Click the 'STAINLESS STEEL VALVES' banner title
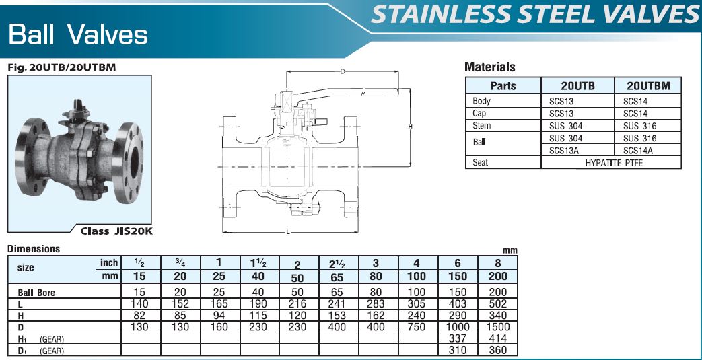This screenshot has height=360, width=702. click(535, 14)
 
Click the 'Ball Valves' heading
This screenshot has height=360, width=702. click(78, 34)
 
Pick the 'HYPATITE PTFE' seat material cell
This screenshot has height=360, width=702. click(611, 163)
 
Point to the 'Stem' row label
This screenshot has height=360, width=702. click(481, 126)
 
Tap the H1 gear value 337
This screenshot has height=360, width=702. click(458, 338)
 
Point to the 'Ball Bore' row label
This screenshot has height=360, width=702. click(36, 293)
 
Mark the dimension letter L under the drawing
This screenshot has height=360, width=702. click(287, 231)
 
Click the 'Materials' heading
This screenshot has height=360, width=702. click(490, 67)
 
